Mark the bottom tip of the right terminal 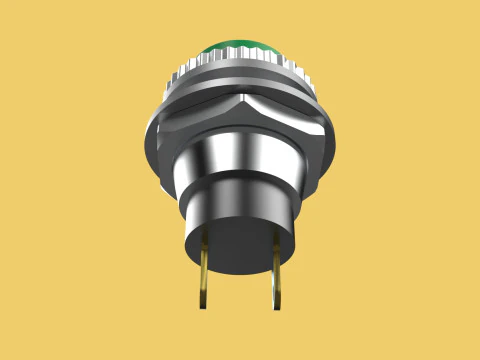pyautogui.click(x=277, y=306)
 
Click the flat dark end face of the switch pyautogui.click(x=240, y=245)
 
